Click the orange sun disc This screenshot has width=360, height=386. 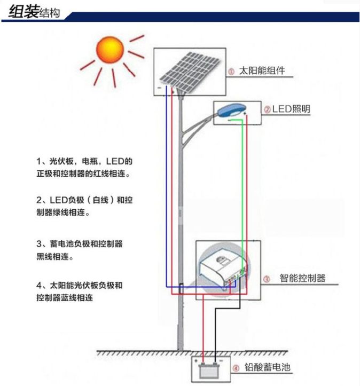pyautogui.click(x=110, y=50)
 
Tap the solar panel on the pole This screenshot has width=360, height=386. pyautogui.click(x=190, y=71)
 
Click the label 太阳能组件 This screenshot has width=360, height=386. pyautogui.click(x=262, y=71)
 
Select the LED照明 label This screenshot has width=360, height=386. pyautogui.click(x=291, y=109)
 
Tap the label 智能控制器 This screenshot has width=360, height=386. pyautogui.click(x=303, y=278)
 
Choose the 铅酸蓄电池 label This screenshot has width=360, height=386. pyautogui.click(x=268, y=367)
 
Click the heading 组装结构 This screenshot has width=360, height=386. pyautogui.click(x=34, y=12)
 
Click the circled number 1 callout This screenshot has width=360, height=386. pyautogui.click(x=231, y=72)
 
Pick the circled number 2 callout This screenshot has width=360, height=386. pyautogui.click(x=267, y=109)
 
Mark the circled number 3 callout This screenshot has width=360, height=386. pyautogui.click(x=267, y=279)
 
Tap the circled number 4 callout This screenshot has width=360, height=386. pyautogui.click(x=236, y=368)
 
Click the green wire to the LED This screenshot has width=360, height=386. pyautogui.click(x=242, y=194)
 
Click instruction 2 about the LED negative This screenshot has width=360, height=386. pyautogui.click(x=84, y=206)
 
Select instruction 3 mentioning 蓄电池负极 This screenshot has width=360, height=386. pyautogui.click(x=79, y=250)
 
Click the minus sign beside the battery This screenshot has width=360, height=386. pyautogui.click(x=221, y=361)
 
